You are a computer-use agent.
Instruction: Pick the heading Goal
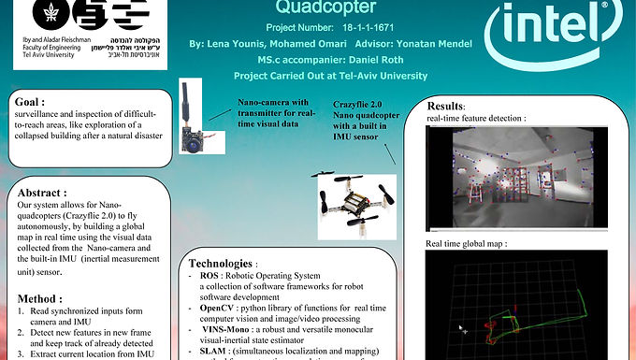(31, 101)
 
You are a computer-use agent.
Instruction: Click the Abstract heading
(47, 192)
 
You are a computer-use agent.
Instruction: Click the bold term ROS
(210, 277)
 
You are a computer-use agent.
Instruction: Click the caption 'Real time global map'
(467, 243)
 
